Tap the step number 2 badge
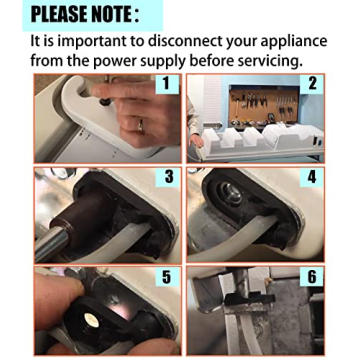click(312, 84)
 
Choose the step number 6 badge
click(312, 275)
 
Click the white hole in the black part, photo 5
click(91, 319)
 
